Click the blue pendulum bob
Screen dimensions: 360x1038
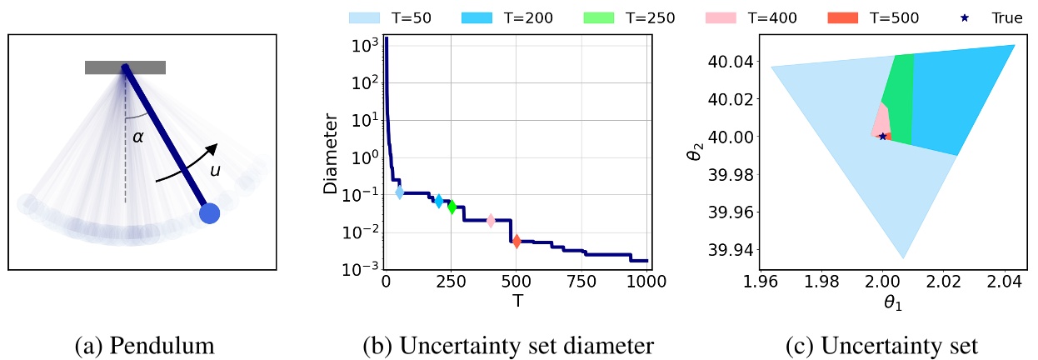210,214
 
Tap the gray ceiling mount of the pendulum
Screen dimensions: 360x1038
125,67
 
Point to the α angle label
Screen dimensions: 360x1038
138,137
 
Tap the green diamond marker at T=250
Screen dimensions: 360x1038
452,207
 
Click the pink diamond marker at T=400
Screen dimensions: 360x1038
491,221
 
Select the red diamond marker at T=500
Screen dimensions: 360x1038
517,241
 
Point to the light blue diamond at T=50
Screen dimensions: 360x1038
399,192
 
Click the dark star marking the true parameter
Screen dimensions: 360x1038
883,136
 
